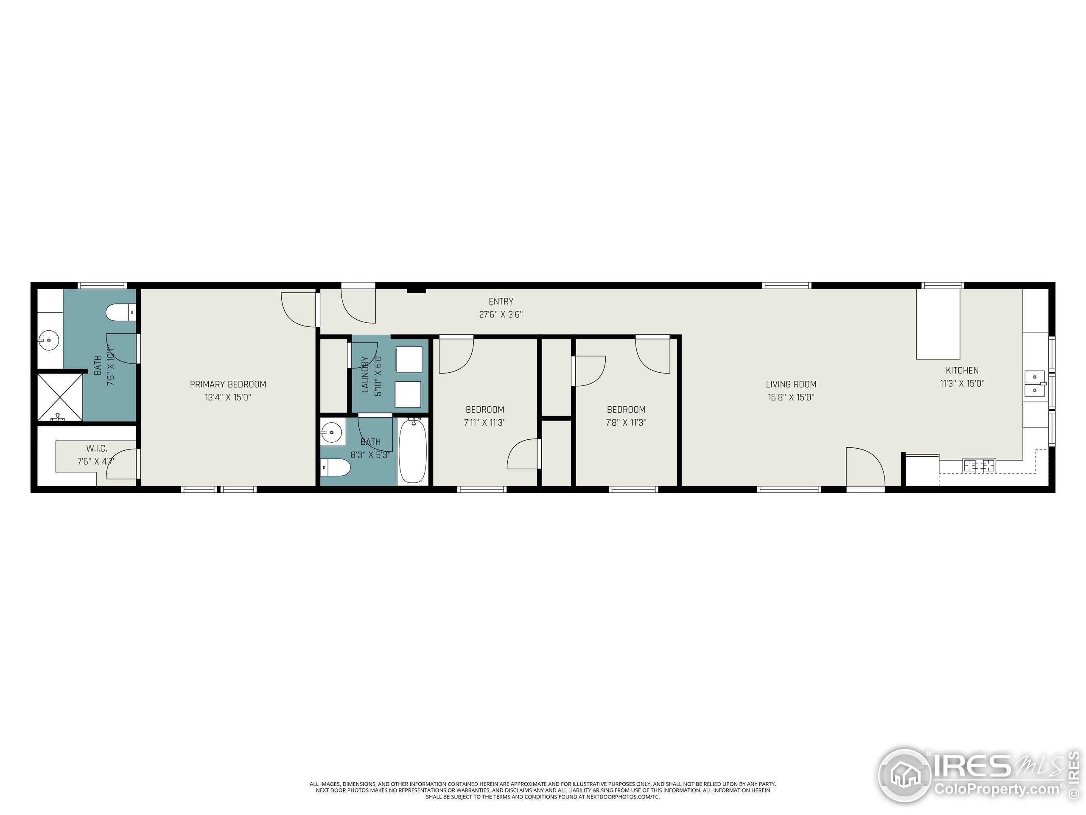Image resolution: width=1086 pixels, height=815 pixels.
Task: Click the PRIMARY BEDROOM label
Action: pyautogui.click(x=228, y=384)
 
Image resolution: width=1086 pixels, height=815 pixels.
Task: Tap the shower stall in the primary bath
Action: pyautogui.click(x=60, y=397)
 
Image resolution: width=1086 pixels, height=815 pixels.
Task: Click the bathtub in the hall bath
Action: pyautogui.click(x=412, y=451)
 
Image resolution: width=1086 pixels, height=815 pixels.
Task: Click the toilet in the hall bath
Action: pyautogui.click(x=335, y=468)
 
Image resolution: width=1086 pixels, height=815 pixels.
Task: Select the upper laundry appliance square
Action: pyautogui.click(x=409, y=360)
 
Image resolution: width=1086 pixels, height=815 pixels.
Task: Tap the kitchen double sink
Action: pyautogui.click(x=1034, y=384)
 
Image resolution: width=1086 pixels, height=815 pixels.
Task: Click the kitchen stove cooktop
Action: pyautogui.click(x=979, y=465)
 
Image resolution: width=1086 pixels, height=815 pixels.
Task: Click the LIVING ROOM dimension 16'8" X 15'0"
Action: pyautogui.click(x=791, y=397)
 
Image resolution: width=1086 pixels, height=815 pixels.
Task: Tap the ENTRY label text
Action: pyautogui.click(x=501, y=301)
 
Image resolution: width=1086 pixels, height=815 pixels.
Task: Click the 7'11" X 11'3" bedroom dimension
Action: pyautogui.click(x=484, y=422)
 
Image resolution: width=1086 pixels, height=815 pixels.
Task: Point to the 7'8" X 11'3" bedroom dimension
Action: pyautogui.click(x=626, y=422)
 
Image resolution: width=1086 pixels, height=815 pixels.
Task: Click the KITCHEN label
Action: pyautogui.click(x=962, y=371)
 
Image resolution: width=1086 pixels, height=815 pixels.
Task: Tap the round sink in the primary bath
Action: pyautogui.click(x=49, y=340)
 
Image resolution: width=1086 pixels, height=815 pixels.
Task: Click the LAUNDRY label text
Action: pyautogui.click(x=365, y=374)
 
